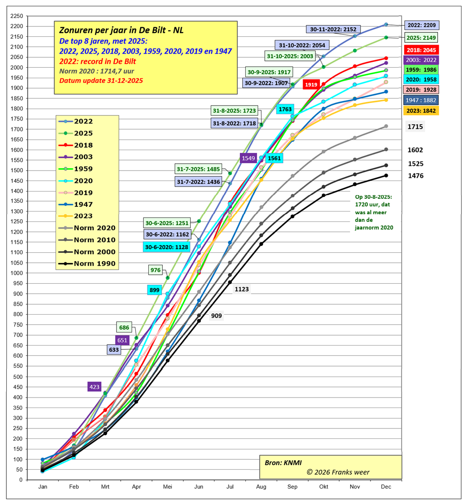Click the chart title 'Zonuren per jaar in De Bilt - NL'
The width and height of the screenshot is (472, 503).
coord(122,30)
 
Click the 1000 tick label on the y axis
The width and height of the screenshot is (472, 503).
coord(17,273)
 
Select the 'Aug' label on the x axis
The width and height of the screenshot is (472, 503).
coord(261,487)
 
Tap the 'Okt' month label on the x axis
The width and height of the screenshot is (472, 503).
coord(323,487)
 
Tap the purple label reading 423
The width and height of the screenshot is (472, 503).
coord(94,387)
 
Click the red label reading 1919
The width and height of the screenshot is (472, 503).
coord(311,85)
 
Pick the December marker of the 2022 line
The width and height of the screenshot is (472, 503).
coord(386,25)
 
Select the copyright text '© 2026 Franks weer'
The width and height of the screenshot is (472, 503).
coord(338,472)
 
